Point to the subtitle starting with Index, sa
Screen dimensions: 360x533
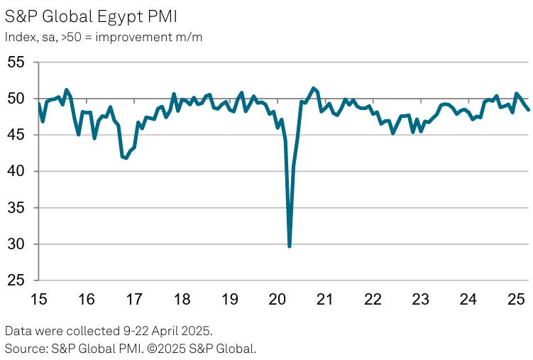point(104,38)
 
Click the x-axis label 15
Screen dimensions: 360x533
point(38,299)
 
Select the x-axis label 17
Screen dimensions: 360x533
point(133,299)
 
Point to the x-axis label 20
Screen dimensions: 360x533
point(277,299)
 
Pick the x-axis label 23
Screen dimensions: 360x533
point(420,299)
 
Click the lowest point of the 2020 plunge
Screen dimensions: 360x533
point(290,246)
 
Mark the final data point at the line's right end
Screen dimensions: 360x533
point(528,109)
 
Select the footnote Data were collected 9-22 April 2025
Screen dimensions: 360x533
point(108,331)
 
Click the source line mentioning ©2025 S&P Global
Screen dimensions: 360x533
point(130,348)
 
